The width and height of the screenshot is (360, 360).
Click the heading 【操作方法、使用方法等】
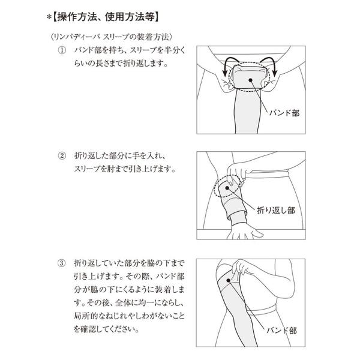pos(106,17)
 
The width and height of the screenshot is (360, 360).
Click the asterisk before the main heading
pos(49,17)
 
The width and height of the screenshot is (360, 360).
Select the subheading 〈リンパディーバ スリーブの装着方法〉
pos(111,37)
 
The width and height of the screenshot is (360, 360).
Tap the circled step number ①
pos(62,50)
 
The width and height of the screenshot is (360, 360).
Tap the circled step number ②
pos(62,156)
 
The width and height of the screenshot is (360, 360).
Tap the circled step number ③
pos(62,263)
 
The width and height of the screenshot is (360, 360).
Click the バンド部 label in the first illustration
pos(284,113)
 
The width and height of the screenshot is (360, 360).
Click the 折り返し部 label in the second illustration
pos(276,210)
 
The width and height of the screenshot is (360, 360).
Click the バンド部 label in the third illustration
pos(281,331)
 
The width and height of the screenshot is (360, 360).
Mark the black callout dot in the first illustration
pos(250,80)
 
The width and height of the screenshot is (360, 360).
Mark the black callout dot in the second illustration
pos(227,188)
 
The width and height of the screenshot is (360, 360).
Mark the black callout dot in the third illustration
pos(228,280)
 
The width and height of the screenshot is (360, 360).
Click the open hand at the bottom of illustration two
pos(244,232)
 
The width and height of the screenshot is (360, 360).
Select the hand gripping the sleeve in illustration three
pos(243,269)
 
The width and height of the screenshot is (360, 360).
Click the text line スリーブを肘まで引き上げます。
pos(125,169)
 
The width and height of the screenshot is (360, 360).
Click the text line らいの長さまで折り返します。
pos(121,64)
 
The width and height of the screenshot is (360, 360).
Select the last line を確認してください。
pos(107,329)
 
